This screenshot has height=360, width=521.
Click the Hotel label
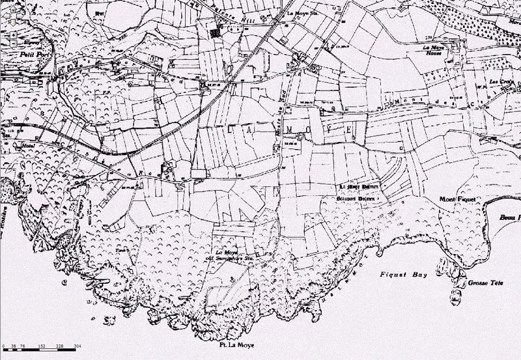point(27,145)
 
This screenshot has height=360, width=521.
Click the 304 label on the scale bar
point(77,346)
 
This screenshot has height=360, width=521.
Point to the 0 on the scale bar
point(4,346)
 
